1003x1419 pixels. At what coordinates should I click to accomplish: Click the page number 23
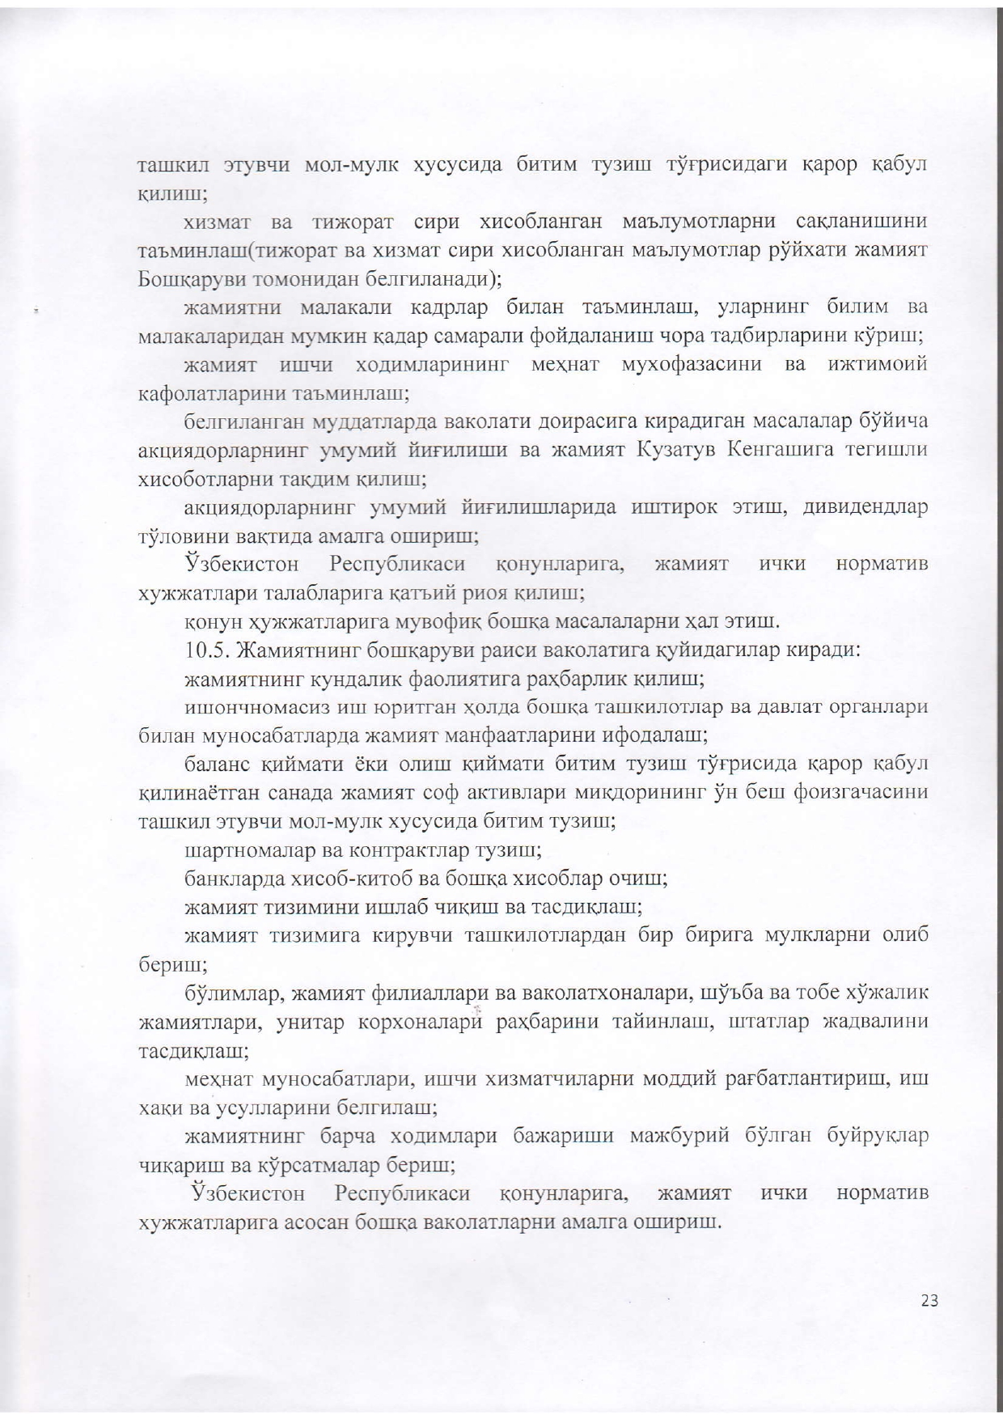click(x=929, y=1302)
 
